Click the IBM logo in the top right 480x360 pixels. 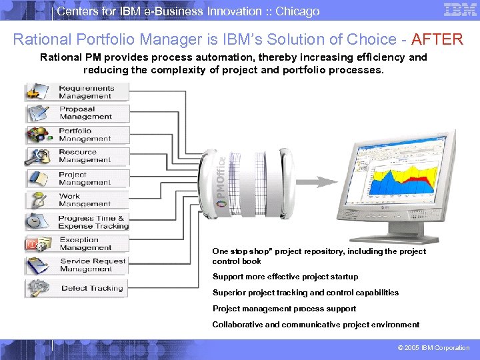pos(460,10)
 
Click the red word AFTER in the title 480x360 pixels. pos(437,39)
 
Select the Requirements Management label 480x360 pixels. pos(86,92)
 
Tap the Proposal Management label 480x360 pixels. pos(86,113)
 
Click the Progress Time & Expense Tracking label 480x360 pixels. pos(93,222)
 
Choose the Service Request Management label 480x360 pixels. pos(93,265)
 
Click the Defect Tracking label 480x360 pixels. pos(92,288)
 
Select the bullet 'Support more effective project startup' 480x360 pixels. pos(285,277)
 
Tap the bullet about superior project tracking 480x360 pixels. pos(305,293)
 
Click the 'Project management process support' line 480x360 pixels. pos(284,309)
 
